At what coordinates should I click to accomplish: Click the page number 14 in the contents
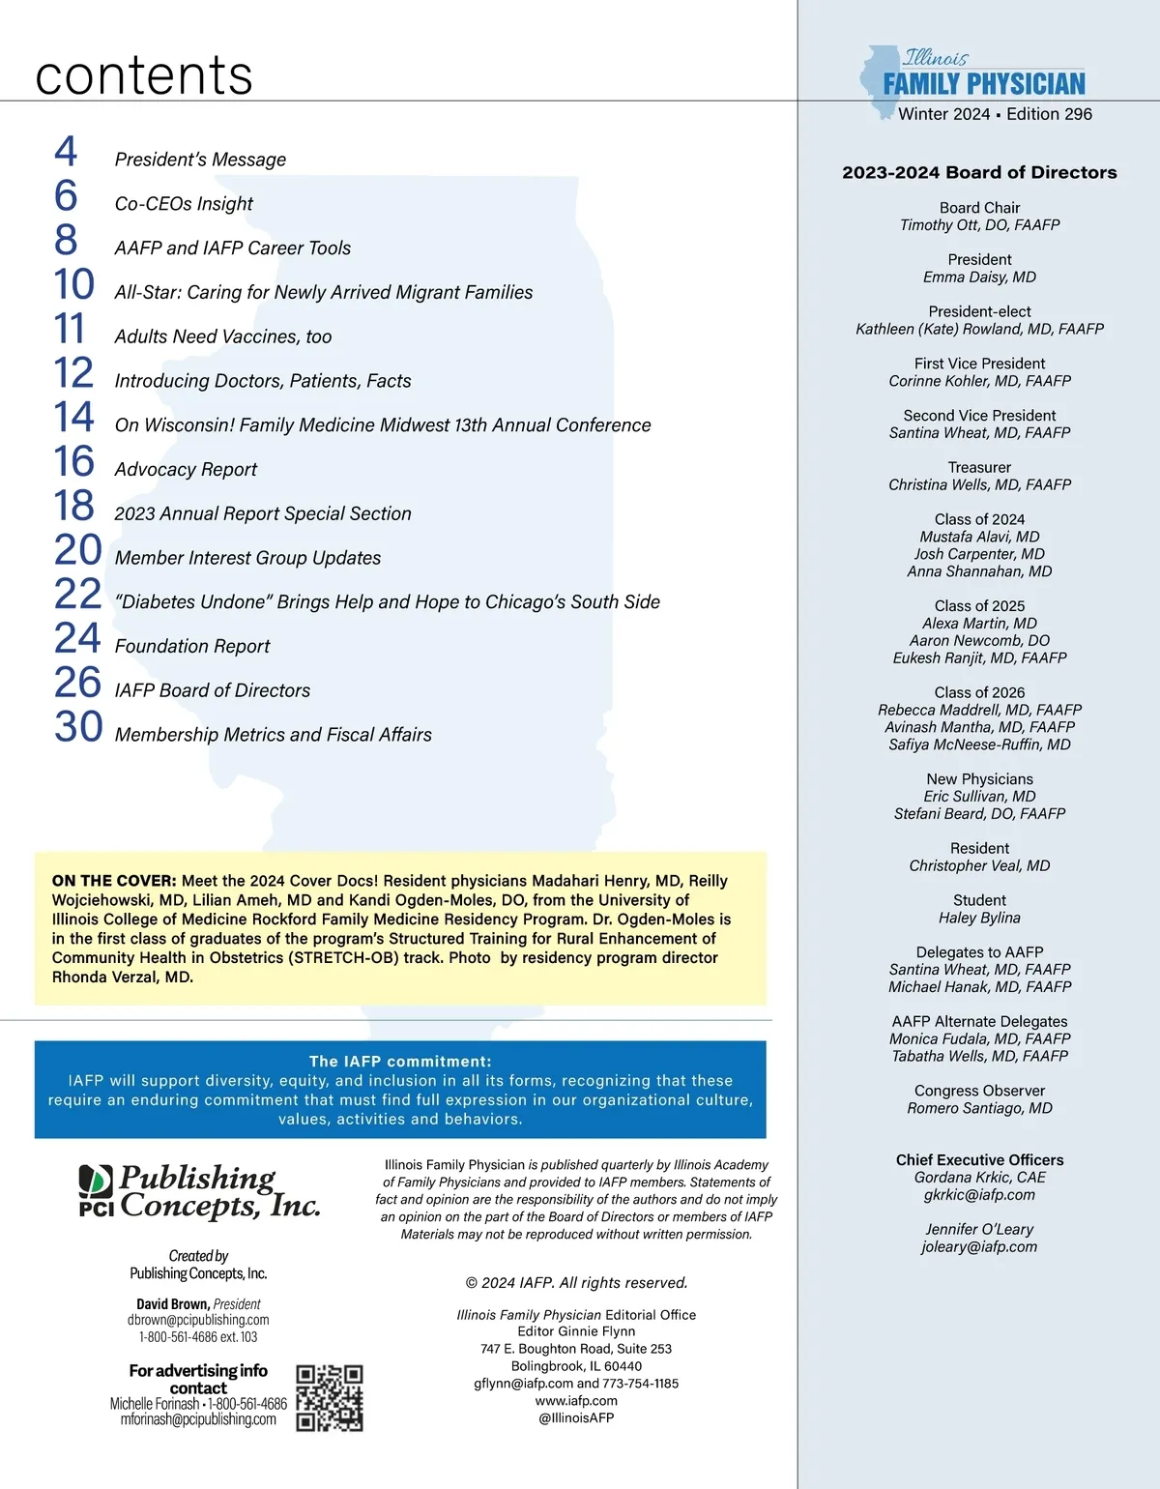coord(73,418)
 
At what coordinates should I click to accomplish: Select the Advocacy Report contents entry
coord(186,470)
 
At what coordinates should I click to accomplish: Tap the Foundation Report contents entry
coord(192,647)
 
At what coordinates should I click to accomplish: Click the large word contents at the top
coord(144,75)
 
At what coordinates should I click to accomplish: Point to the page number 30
coord(78,727)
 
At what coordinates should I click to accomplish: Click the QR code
coord(329,1398)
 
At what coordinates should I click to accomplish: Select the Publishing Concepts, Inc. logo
coord(199,1192)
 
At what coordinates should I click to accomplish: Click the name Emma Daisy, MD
coord(979,277)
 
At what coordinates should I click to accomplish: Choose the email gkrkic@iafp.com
coord(979,1195)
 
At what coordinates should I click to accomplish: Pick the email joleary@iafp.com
coord(979,1247)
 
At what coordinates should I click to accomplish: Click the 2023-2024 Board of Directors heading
coord(979,173)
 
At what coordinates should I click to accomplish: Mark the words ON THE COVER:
coord(114,881)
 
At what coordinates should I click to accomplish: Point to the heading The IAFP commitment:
coord(400,1062)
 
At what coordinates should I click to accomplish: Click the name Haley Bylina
coord(979,919)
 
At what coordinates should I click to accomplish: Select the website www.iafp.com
coord(576,1401)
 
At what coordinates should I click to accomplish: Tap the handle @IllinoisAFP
coord(576,1418)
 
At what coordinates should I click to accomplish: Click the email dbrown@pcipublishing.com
coord(198,1320)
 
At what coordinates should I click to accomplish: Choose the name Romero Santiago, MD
coord(979,1109)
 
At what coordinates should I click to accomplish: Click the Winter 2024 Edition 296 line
coord(995,114)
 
